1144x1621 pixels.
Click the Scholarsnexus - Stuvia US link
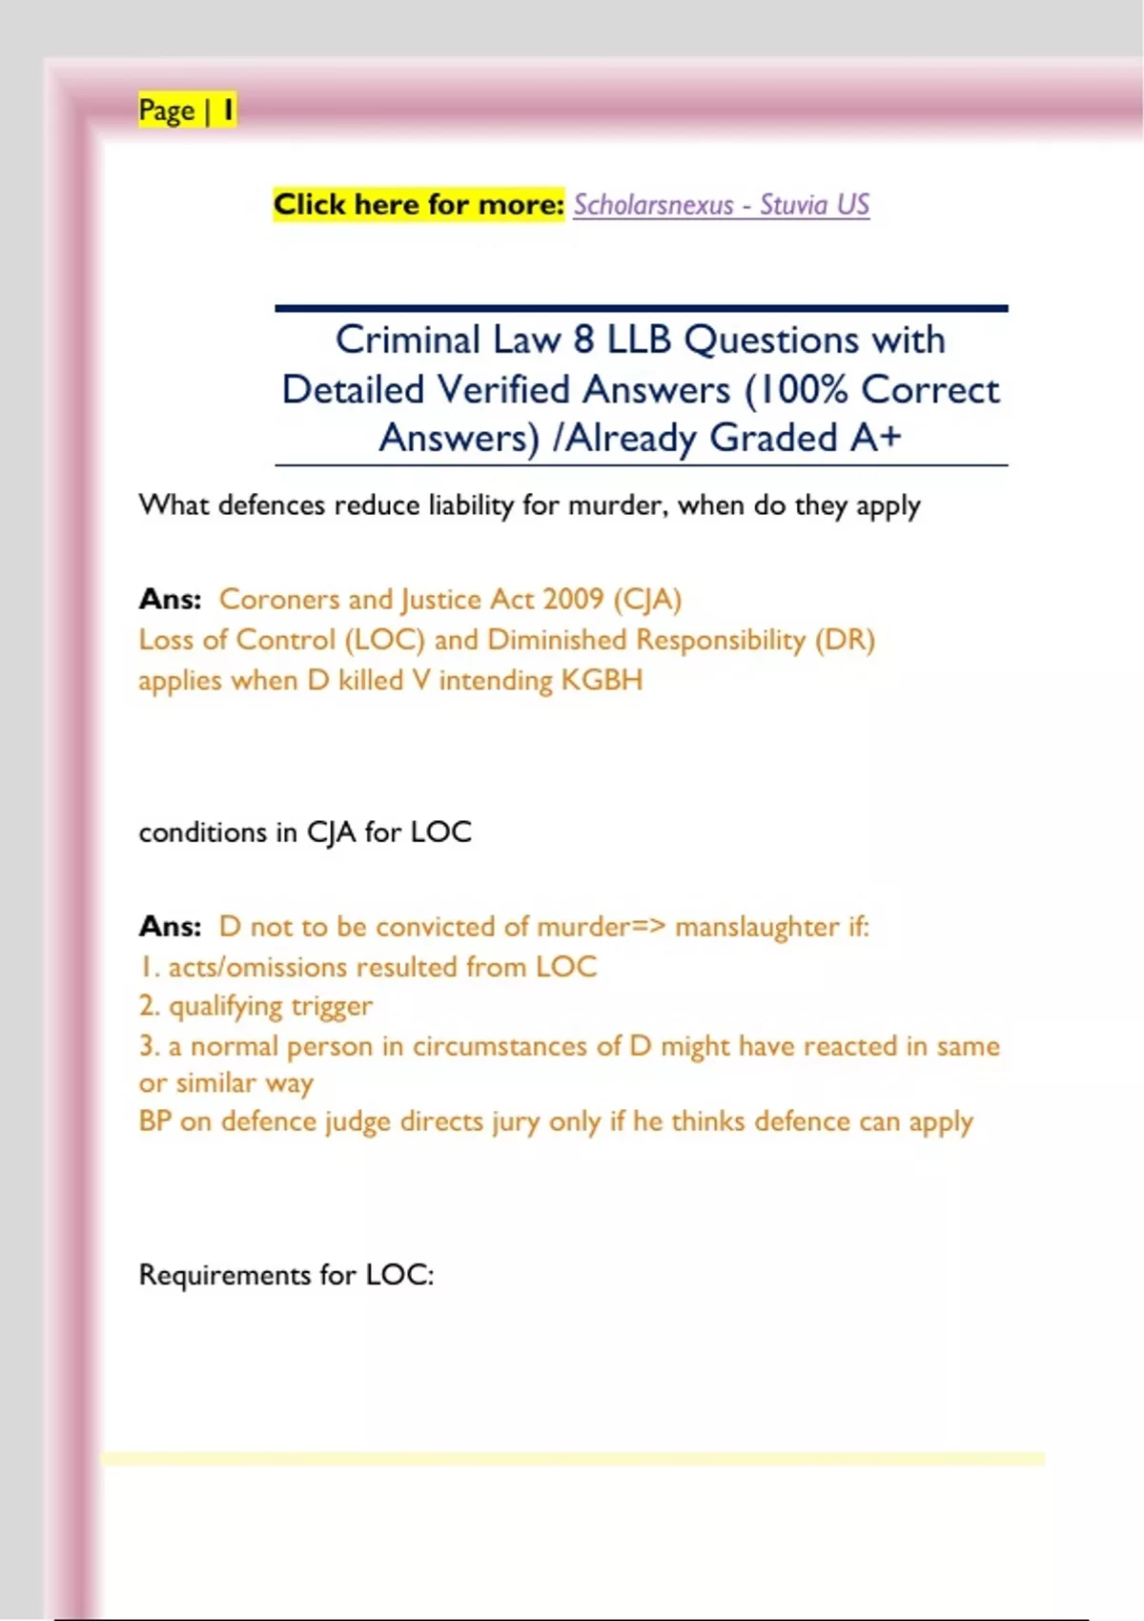click(x=721, y=205)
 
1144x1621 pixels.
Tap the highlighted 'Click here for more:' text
click(x=419, y=204)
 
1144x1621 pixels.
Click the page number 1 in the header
click(x=228, y=111)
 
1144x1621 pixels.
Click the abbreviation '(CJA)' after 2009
click(x=647, y=599)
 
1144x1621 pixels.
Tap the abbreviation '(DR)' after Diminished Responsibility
click(x=845, y=640)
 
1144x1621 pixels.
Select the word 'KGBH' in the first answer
click(x=602, y=681)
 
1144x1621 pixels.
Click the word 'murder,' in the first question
click(x=619, y=505)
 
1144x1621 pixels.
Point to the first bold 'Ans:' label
click(x=170, y=599)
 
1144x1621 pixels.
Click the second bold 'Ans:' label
click(x=170, y=927)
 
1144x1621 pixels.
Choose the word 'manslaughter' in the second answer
click(x=757, y=927)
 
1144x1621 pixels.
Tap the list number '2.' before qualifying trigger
click(x=149, y=1006)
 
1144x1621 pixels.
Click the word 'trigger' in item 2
click(x=332, y=1007)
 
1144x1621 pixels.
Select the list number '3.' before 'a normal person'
click(x=149, y=1046)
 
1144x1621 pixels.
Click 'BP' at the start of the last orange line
click(x=154, y=1121)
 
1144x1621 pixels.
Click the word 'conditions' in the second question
click(x=202, y=832)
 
